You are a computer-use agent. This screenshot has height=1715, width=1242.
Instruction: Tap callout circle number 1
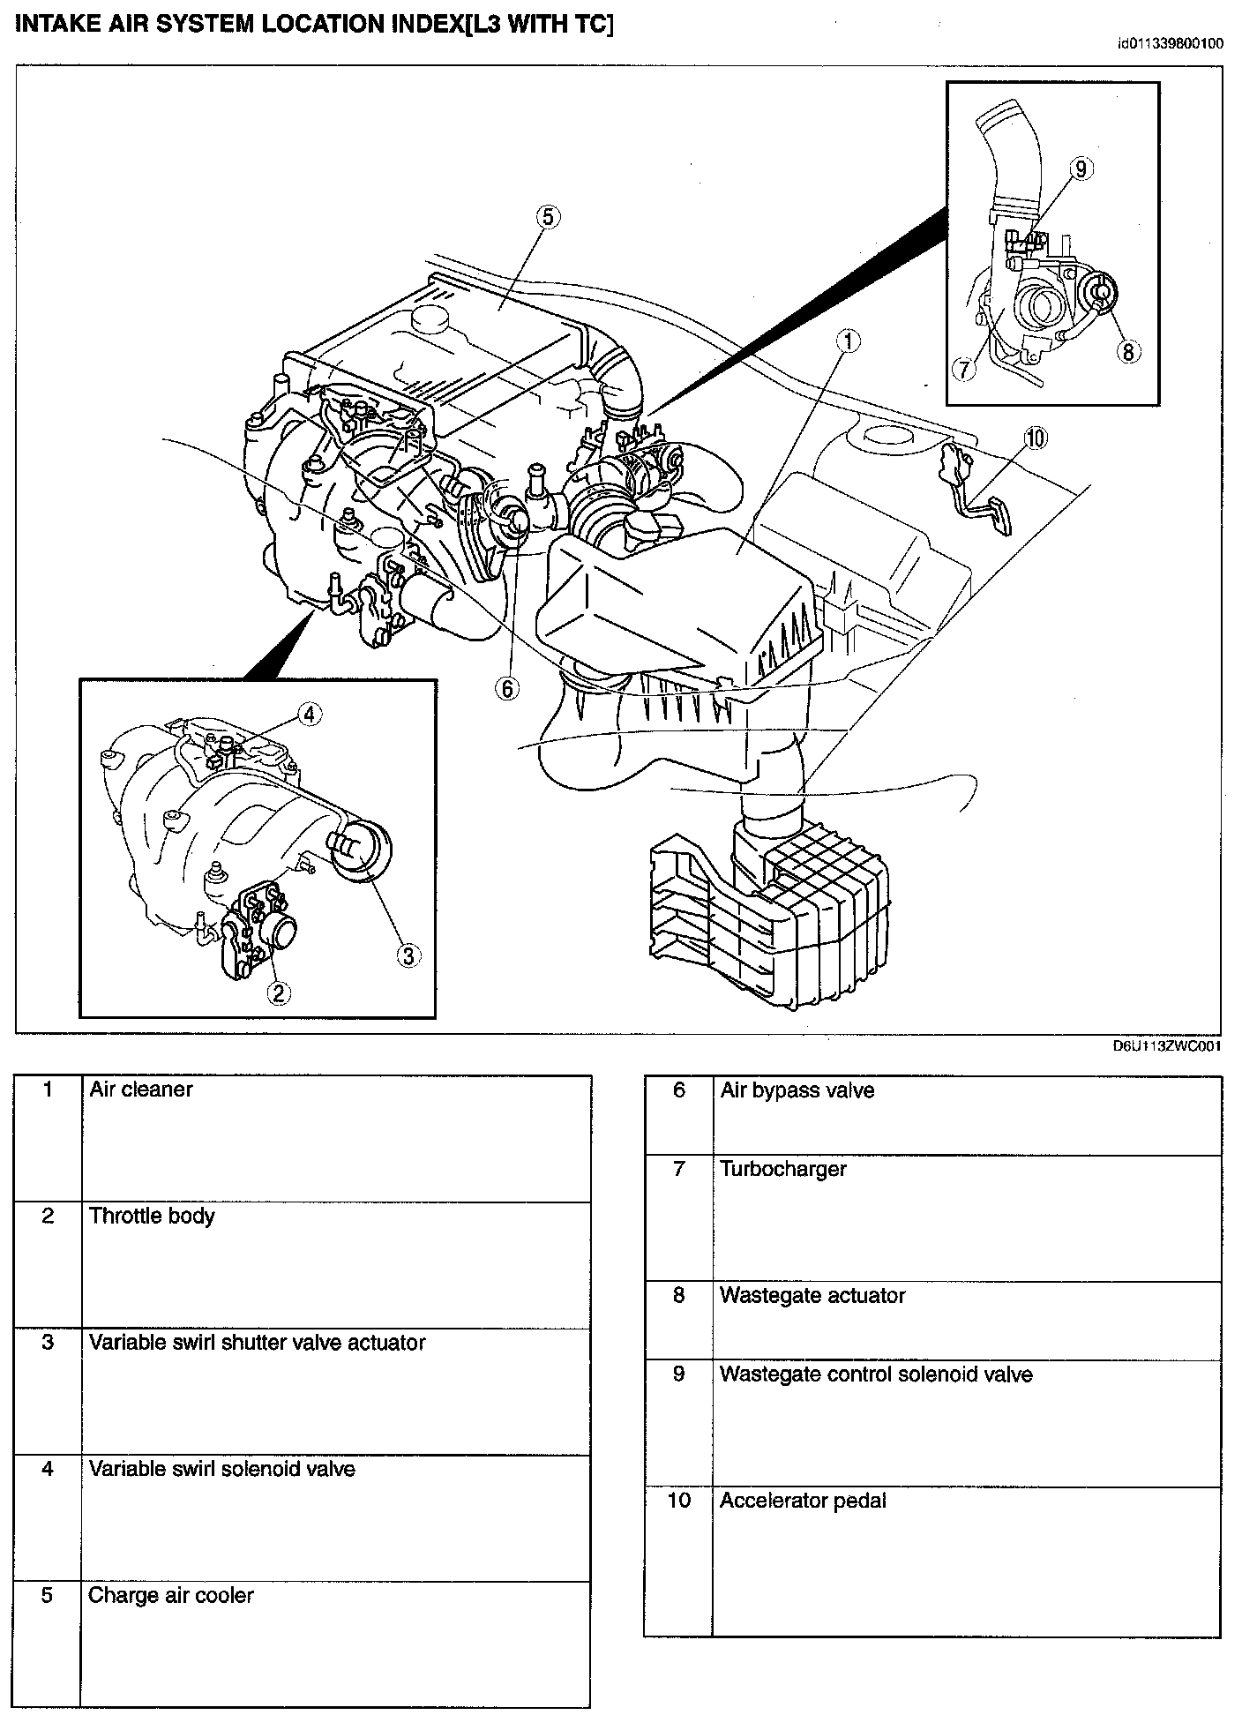(848, 341)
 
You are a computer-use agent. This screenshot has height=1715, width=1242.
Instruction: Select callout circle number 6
(508, 688)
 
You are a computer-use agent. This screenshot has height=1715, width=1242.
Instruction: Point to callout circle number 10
(1035, 437)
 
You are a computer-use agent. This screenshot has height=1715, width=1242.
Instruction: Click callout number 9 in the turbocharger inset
(1082, 168)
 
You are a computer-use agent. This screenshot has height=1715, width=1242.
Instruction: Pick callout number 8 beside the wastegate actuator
(1127, 351)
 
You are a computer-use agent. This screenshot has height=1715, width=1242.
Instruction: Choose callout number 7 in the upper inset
(966, 369)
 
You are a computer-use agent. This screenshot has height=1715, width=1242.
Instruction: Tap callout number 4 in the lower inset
(309, 715)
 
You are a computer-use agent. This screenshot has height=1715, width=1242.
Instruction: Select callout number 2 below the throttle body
(279, 992)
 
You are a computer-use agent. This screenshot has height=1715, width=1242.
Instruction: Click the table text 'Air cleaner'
(141, 1090)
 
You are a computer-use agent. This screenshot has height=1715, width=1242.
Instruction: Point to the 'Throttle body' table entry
(152, 1217)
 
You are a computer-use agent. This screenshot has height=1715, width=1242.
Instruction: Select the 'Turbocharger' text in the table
(783, 1170)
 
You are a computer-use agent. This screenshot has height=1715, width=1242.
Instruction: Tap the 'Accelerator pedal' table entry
(803, 1502)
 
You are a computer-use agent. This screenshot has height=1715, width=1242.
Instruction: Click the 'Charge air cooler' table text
(171, 1596)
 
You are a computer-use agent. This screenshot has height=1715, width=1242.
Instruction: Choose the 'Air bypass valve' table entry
(797, 1091)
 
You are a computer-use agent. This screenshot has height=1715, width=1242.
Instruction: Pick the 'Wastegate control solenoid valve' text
(876, 1375)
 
